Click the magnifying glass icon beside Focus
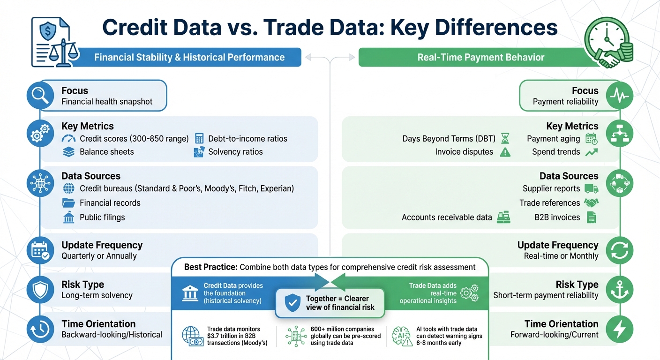coord(40,96)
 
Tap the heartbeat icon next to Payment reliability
coord(619,96)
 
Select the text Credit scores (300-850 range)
coord(134,139)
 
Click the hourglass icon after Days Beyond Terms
coord(505,139)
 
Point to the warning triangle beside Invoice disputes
coord(505,152)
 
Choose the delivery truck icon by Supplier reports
coord(592,188)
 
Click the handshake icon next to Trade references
coord(592,203)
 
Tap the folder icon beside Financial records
coord(68,203)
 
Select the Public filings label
coord(102,217)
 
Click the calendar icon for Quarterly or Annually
coord(40,250)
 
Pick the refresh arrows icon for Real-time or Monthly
coord(619,250)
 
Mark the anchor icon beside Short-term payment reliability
coord(619,290)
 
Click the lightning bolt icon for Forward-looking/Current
coord(619,329)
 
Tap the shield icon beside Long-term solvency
coord(40,290)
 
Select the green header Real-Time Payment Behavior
coord(480,58)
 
